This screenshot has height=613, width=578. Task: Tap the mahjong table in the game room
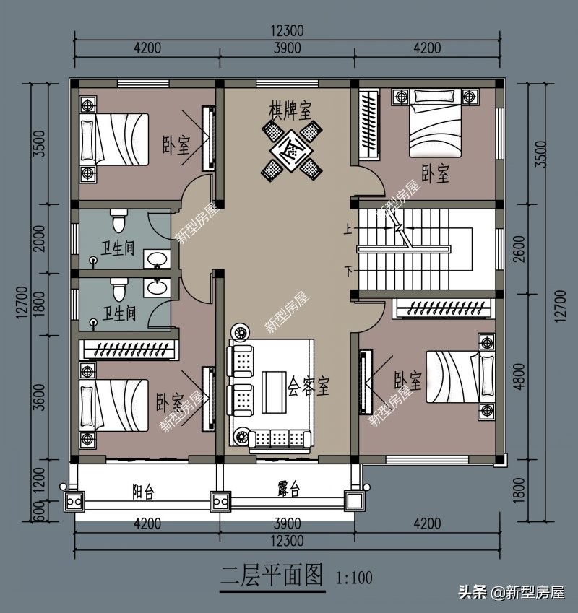pos(292,150)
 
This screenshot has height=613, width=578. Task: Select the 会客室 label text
pos(309,386)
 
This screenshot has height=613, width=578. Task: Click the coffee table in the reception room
pos(274,392)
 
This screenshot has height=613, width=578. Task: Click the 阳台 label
pos(143,491)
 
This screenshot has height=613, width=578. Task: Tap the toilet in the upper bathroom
pos(118,220)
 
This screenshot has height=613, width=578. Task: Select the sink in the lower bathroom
pos(157,287)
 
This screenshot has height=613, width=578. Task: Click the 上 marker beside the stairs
pos(348,229)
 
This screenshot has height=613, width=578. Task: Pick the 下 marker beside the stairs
pos(348,271)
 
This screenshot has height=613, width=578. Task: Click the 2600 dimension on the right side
pos(519,248)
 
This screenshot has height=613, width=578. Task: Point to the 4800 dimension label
pos(519,376)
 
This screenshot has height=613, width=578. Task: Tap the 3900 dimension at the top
pos(288,48)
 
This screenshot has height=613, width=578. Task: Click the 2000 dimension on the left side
pos(40,238)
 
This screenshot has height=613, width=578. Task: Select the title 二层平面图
pos(272,575)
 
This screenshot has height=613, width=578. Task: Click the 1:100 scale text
pos(354,578)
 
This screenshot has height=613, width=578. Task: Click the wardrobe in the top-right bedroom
pos(369,125)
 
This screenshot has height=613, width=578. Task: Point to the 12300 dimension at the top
pos(288,30)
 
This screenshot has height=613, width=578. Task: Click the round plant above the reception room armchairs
pos(238,332)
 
